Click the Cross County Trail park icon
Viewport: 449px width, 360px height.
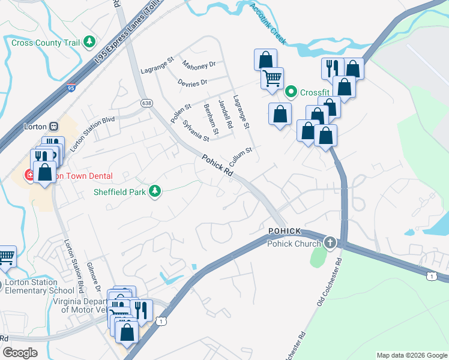click(x=89, y=42)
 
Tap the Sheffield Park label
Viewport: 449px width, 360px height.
click(x=119, y=192)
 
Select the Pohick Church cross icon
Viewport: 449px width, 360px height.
click(x=330, y=243)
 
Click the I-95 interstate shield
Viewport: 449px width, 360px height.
click(x=71, y=88)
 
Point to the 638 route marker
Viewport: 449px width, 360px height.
click(x=146, y=103)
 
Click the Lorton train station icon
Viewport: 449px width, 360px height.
click(x=54, y=127)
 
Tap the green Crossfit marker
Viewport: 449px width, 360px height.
click(x=292, y=92)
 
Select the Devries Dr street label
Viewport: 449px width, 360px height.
click(x=193, y=82)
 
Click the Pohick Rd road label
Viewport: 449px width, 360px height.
click(x=217, y=166)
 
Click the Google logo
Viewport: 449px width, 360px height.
click(x=20, y=353)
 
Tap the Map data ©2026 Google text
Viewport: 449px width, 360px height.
click(x=411, y=355)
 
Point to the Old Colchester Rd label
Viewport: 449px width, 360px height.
click(x=328, y=281)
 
